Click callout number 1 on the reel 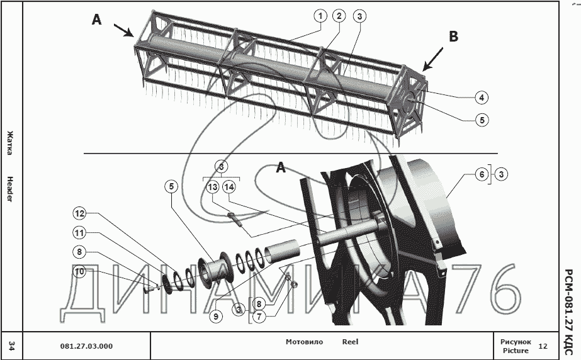click(x=321, y=16)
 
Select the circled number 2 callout click(x=339, y=16)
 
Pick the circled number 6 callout click(x=481, y=174)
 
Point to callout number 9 click(x=216, y=317)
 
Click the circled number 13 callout click(x=212, y=187)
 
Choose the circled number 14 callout click(x=229, y=187)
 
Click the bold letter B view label click(x=453, y=37)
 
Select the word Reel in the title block click(x=350, y=342)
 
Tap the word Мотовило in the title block click(x=304, y=342)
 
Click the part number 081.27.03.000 click(x=86, y=346)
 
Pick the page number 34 click(x=11, y=345)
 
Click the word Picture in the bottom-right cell click(x=516, y=351)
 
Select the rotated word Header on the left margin click(x=10, y=189)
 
